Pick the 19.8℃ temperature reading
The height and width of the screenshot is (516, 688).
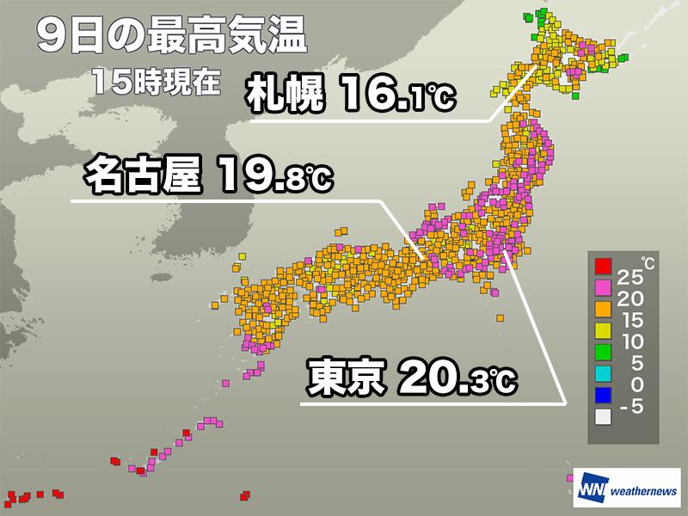click(271, 177)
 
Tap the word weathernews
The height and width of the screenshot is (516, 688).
click(642, 491)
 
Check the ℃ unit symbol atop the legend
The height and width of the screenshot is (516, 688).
click(647, 260)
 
